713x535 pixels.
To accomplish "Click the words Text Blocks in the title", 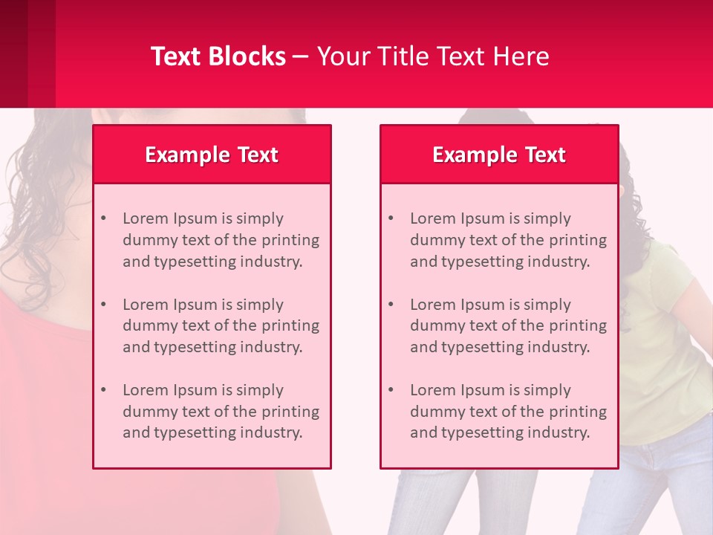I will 218,56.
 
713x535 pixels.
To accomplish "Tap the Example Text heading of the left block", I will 212,155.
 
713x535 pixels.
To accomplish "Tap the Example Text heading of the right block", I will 499,155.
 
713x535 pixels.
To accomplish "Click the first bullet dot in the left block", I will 103,218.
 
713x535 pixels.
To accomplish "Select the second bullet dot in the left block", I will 103,305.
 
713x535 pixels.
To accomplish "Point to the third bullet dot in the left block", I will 103,390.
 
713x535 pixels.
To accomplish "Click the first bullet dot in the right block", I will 391,218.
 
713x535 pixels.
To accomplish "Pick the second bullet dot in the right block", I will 391,305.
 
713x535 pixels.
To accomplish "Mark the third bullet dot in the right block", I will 391,390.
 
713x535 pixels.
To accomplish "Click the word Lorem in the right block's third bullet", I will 431,390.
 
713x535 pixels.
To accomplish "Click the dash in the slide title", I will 301,56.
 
